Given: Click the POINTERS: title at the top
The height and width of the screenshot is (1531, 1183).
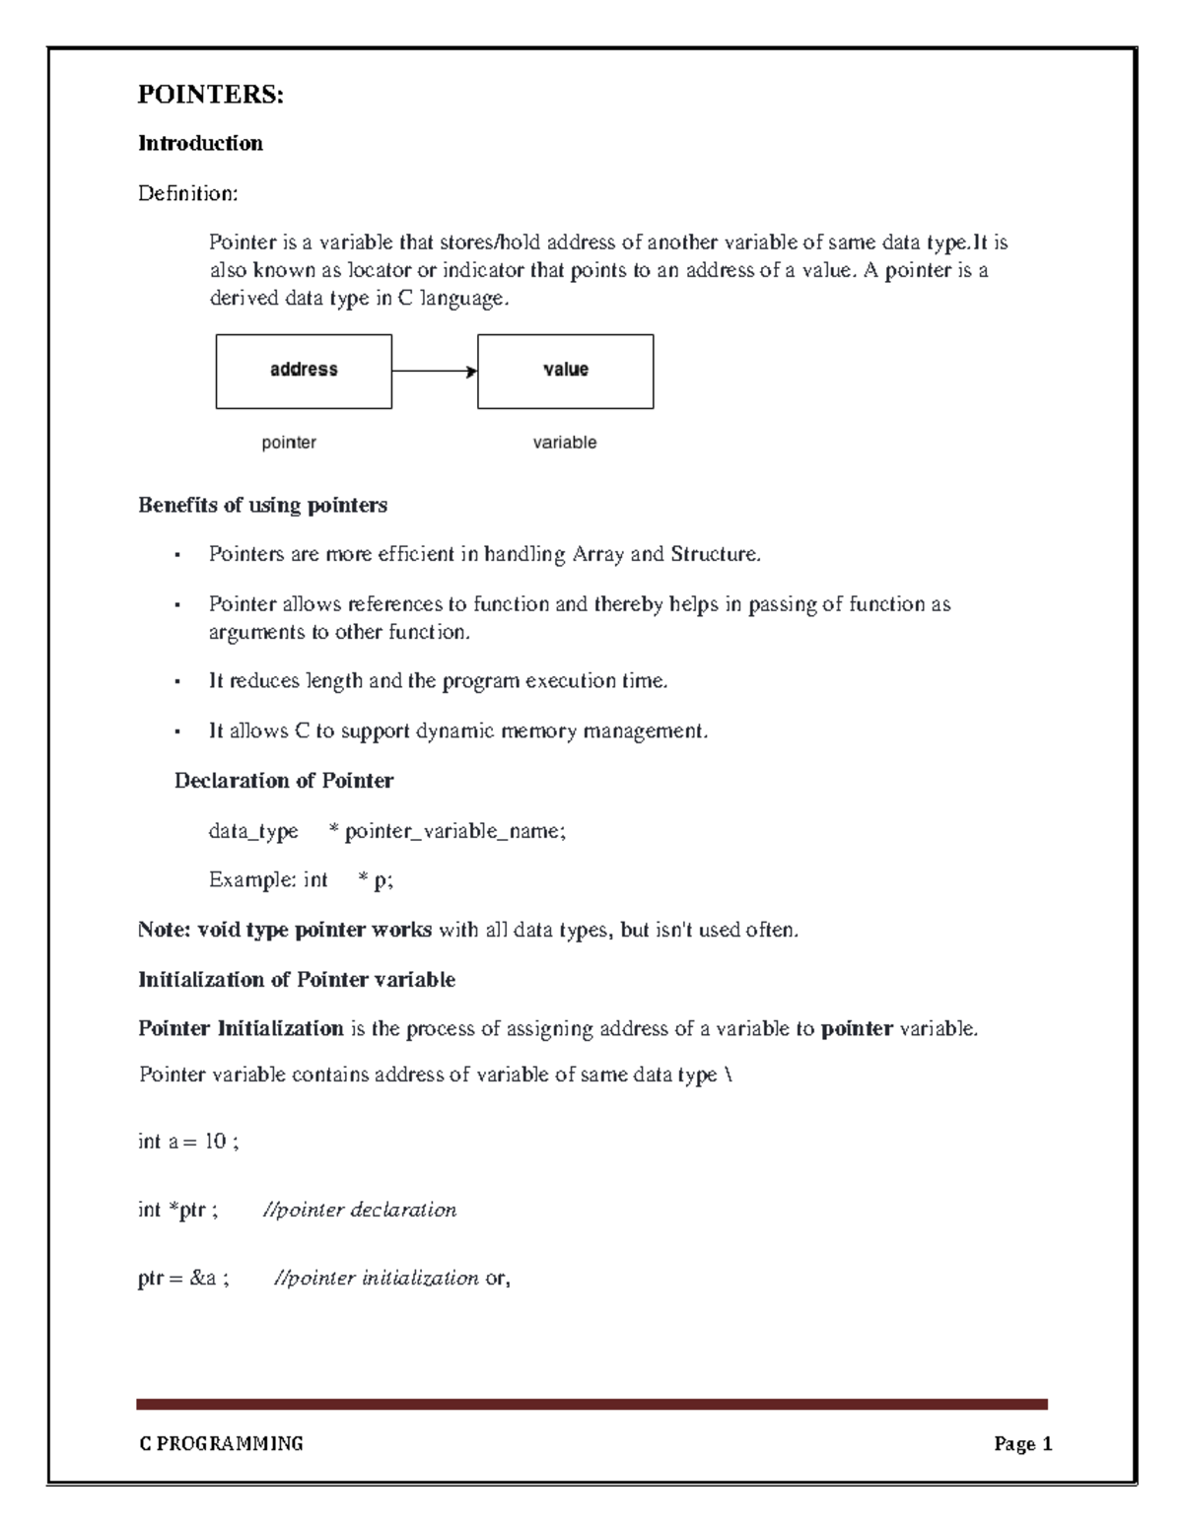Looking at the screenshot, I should coord(210,95).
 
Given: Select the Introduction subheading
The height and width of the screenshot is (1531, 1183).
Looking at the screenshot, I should coord(200,144).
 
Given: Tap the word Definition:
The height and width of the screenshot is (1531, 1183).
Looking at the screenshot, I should coord(187,193).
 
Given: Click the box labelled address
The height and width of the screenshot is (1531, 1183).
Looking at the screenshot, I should coord(304,371).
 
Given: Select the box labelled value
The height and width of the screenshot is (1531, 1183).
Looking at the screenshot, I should coord(565,371).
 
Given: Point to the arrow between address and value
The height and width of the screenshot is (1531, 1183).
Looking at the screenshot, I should coord(434,372).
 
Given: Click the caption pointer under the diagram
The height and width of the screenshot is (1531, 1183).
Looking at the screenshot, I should coord(288,443).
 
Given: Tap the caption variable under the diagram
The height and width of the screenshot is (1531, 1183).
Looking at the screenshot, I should coord(564,443).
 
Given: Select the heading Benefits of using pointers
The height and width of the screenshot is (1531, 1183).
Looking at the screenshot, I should coord(262,505).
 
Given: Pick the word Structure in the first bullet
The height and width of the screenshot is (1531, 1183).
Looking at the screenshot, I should coord(714,554).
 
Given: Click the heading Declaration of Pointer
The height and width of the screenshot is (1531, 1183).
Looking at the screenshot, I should coord(283,781).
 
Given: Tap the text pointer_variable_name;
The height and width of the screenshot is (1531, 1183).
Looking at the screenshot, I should coord(454,831).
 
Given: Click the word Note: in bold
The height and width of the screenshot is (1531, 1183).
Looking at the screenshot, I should coord(165,930).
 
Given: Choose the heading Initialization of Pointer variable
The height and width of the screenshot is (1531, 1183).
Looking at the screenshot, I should coord(296,980).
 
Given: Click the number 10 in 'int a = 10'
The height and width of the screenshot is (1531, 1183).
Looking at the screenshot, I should coord(214,1142).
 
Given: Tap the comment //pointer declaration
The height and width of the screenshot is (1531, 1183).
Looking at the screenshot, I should coord(359,1210).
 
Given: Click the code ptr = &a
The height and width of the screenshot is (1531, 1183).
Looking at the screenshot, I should coord(182,1279).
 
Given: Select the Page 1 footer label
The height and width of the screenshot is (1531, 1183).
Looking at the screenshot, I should coord(1022,1444).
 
